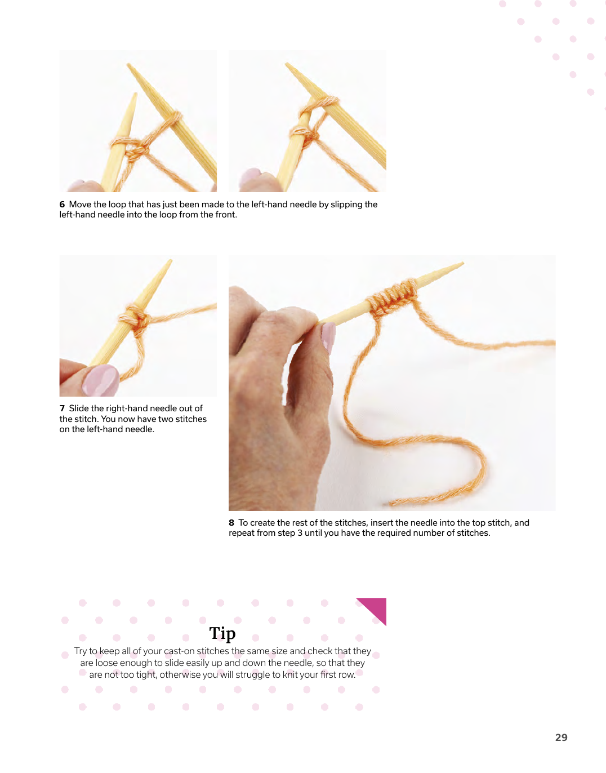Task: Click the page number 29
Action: click(x=561, y=738)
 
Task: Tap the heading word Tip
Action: click(x=222, y=633)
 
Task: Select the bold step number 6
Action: click(x=62, y=204)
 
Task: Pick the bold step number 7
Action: click(x=62, y=408)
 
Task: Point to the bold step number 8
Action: click(x=231, y=523)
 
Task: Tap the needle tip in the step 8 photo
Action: click(x=462, y=263)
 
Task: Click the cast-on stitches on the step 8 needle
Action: click(x=393, y=297)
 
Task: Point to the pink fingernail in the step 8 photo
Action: click(x=328, y=337)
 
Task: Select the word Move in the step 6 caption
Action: click(x=80, y=204)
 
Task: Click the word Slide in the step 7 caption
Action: click(x=79, y=408)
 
